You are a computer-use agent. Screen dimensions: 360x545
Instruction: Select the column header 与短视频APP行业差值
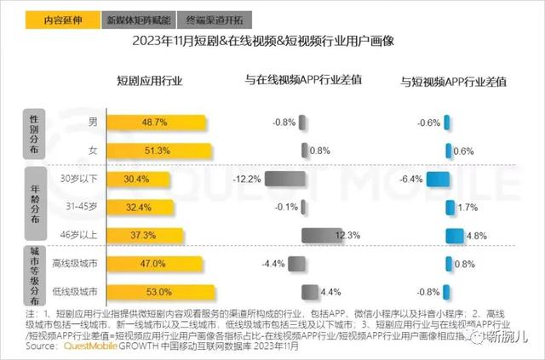(454, 82)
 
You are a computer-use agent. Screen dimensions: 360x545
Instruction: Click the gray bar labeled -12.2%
(284, 179)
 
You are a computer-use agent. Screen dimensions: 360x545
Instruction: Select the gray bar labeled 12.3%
(320, 235)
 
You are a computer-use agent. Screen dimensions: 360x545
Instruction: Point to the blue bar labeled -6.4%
(438, 179)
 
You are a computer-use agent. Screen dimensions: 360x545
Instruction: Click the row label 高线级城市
(76, 264)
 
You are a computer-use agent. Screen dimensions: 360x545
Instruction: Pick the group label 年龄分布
(32, 205)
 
